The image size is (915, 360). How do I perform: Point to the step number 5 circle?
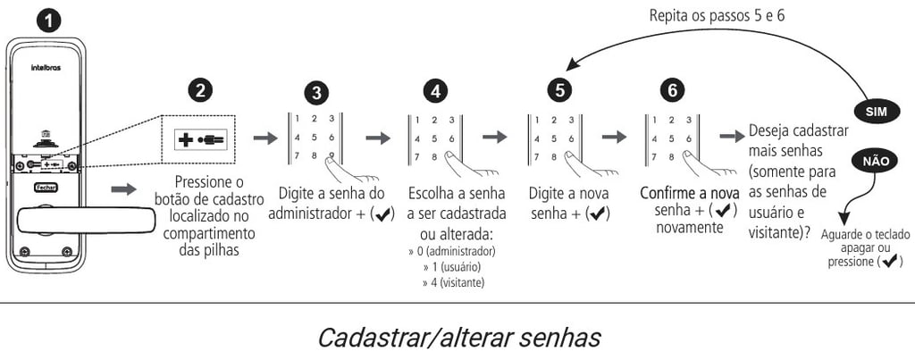click(558, 91)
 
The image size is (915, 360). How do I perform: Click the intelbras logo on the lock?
click(45, 66)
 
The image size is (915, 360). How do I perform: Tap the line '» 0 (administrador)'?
click(452, 251)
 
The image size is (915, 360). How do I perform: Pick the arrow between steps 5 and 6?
click(614, 138)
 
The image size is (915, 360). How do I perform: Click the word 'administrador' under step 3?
click(308, 214)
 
